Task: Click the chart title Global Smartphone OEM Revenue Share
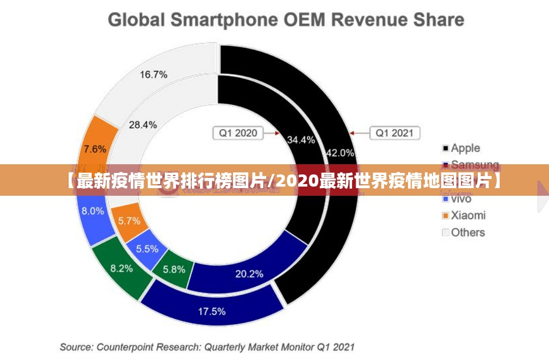click(286, 20)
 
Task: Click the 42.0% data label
click(340, 153)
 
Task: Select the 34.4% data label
click(301, 140)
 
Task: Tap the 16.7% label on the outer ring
click(154, 75)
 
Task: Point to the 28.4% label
click(143, 125)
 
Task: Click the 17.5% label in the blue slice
click(212, 311)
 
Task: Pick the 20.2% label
click(249, 274)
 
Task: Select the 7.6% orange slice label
click(95, 149)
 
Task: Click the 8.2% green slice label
click(122, 268)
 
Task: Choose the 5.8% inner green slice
click(174, 269)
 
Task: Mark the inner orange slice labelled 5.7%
click(129, 221)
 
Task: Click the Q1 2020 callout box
click(238, 133)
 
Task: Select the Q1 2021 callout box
click(395, 133)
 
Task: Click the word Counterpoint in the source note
click(124, 347)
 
